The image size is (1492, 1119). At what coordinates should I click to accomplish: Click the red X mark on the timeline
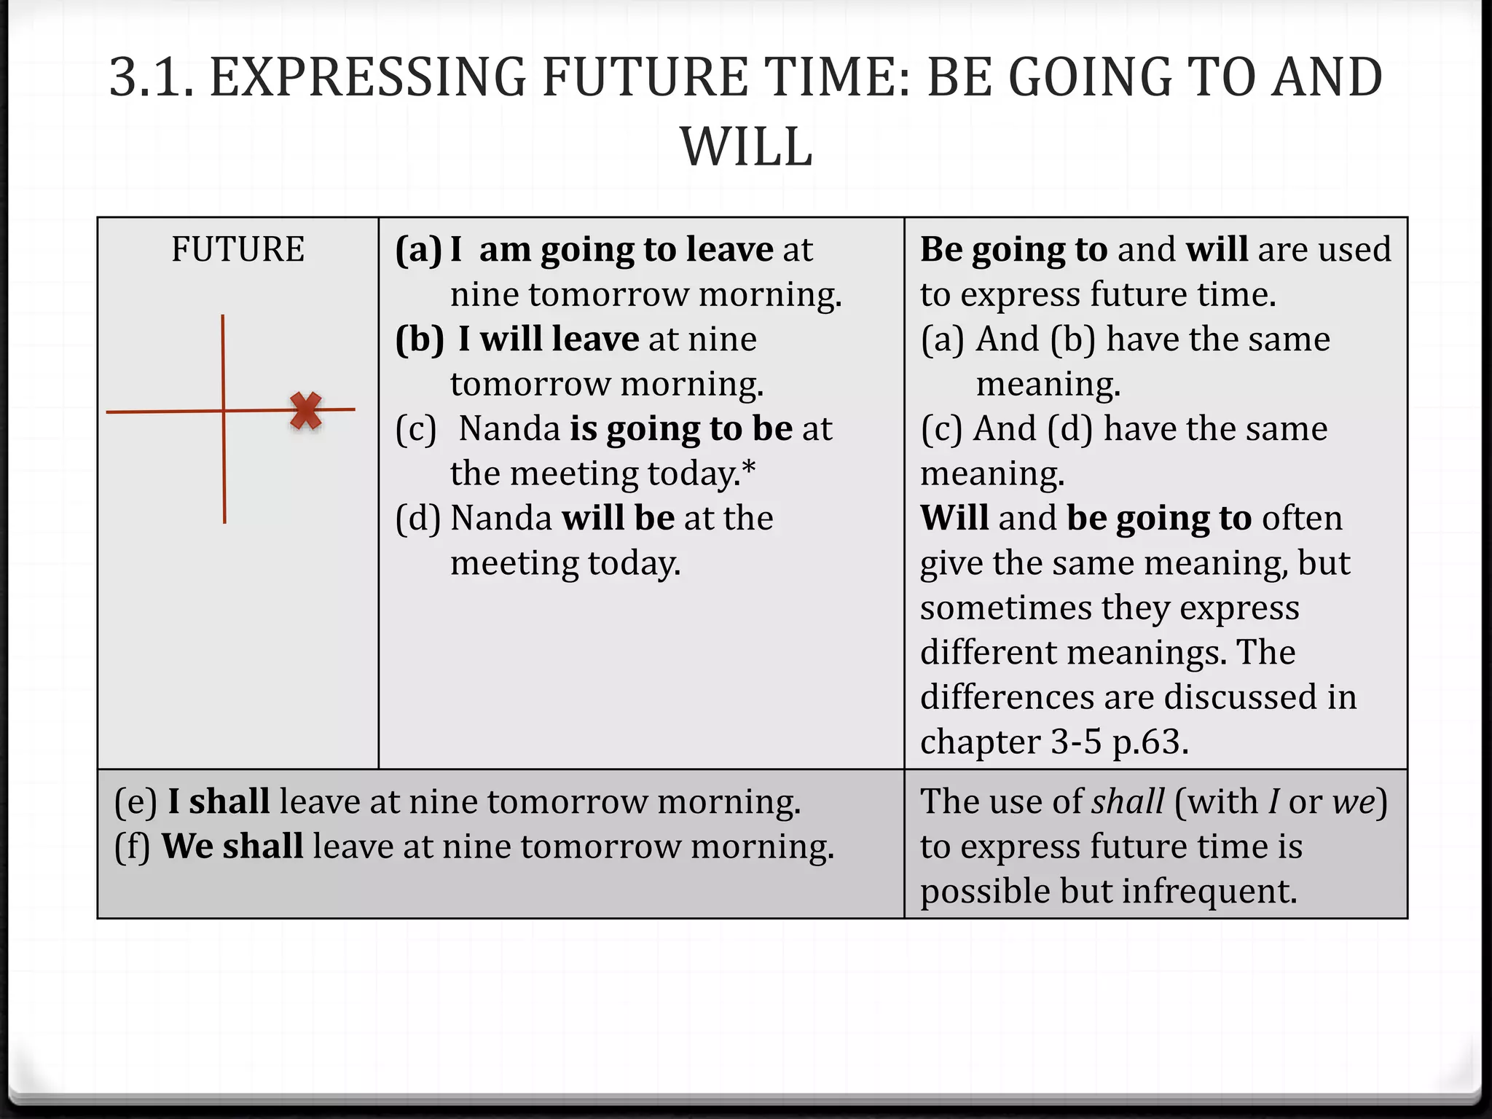306,411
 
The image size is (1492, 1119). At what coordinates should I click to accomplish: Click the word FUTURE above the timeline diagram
237,249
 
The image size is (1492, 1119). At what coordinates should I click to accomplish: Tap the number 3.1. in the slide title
152,77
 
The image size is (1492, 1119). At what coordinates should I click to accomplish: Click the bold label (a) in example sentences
418,249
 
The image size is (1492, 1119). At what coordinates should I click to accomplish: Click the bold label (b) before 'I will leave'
420,339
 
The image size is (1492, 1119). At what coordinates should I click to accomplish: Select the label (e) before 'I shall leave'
136,801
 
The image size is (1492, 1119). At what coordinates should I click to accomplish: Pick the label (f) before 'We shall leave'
133,847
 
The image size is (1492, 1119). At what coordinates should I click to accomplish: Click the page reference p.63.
1150,742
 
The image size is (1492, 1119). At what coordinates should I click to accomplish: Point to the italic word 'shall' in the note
1128,801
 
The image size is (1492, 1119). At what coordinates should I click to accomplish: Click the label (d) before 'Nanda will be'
418,518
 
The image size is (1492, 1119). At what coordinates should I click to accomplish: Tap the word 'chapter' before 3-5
981,742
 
